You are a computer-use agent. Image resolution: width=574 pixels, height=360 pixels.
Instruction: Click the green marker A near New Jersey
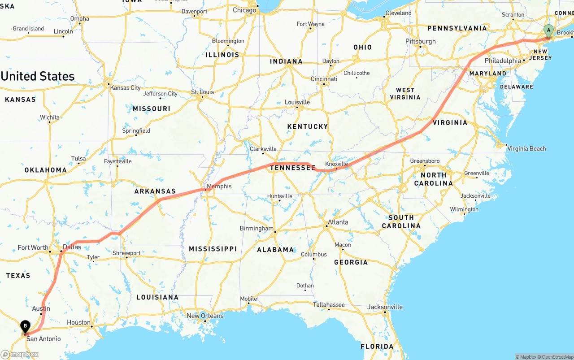pos(548,31)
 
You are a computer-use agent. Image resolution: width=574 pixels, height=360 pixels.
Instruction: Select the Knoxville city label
pos(336,164)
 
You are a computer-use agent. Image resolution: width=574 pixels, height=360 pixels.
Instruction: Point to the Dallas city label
pos(72,247)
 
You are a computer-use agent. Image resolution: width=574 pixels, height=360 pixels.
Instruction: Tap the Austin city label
pos(41,308)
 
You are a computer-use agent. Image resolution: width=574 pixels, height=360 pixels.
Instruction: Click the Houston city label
pos(78,322)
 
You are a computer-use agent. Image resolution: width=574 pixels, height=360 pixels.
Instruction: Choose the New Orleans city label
pos(205,316)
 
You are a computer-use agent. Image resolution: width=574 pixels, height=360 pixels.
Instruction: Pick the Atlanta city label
pos(338,222)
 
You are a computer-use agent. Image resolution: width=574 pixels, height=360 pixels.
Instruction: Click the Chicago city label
pos(244,10)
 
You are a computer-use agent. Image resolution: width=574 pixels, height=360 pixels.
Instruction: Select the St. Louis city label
pos(203,92)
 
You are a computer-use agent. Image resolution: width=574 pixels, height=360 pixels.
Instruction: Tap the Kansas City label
pos(125,87)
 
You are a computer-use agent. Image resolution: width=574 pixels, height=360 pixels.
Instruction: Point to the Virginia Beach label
pos(526,148)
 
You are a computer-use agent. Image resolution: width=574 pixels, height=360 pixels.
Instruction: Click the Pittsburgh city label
pos(421,41)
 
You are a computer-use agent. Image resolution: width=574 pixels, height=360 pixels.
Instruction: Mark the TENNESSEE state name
pos(292,167)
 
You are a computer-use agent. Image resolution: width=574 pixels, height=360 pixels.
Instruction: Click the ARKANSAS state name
pos(155,191)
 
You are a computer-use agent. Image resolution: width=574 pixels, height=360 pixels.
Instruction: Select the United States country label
pos(38,76)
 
